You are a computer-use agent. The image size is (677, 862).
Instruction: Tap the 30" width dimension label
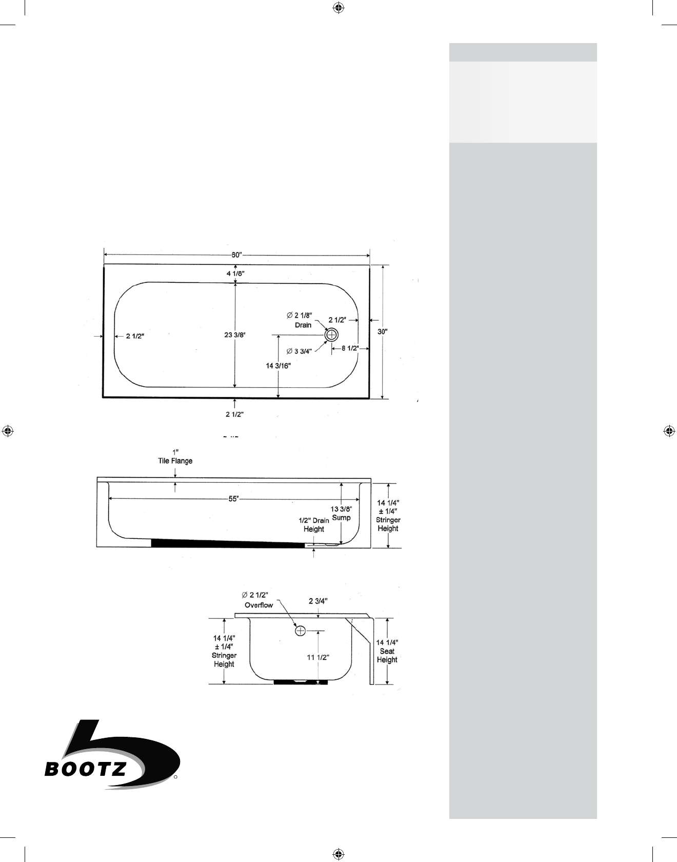coord(383,331)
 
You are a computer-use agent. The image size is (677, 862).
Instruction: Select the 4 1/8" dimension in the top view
coord(235,273)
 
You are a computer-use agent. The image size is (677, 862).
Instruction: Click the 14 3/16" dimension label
coord(278,366)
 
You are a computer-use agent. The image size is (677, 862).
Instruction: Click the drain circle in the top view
coord(332,335)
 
